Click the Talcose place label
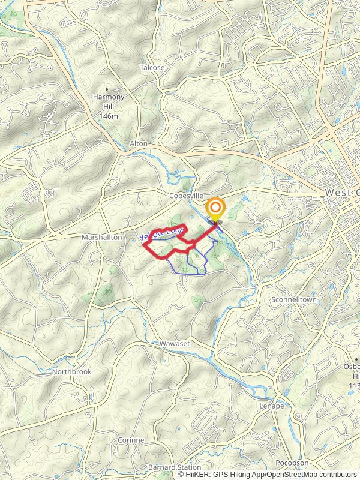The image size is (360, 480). [152, 68]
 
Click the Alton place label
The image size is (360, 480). [138, 144]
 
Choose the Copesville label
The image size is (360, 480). [187, 196]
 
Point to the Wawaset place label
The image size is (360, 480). [175, 344]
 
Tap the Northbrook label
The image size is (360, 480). [71, 372]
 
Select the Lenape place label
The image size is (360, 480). [272, 406]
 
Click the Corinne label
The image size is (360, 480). [131, 440]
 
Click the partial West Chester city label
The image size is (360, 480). [341, 193]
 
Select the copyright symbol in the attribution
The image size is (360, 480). [181, 475]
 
